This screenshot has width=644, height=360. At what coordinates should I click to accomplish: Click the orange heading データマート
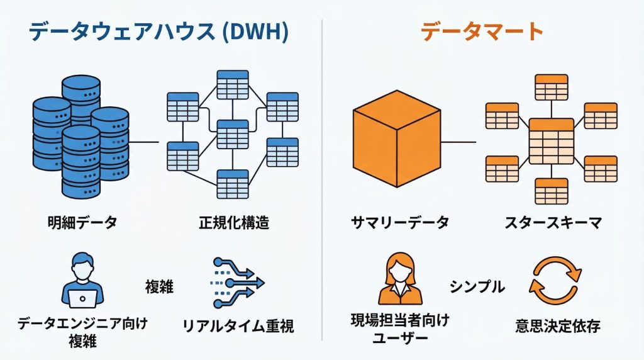pos(482,31)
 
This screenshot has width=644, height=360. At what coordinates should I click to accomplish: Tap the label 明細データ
pos(82,222)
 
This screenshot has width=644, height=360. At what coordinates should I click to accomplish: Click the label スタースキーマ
pos(553,222)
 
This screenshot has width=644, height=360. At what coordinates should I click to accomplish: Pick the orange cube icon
pos(396,142)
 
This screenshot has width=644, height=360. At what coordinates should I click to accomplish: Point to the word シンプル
pos(477,287)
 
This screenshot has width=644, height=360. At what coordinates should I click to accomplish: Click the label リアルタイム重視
pos(238,327)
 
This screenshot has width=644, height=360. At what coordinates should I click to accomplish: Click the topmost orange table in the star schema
pos(552,87)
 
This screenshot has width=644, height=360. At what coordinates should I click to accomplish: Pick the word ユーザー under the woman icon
pos(400,339)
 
